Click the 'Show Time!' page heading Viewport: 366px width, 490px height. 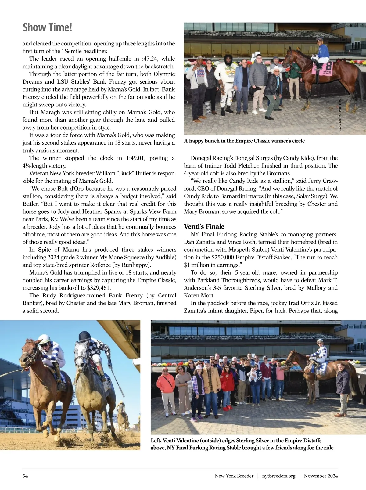pyautogui.click(x=47, y=27)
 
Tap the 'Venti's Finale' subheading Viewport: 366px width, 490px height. pyautogui.click(x=204, y=226)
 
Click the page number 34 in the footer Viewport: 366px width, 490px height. pyautogui.click(x=25, y=476)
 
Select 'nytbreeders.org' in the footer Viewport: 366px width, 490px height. pyautogui.click(x=279, y=476)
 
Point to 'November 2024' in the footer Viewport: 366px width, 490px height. pyautogui.click(x=321, y=476)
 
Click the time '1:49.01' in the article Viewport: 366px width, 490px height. pyautogui.click(x=136, y=158)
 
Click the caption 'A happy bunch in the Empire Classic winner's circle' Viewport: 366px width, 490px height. pyautogui.click(x=244, y=141)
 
